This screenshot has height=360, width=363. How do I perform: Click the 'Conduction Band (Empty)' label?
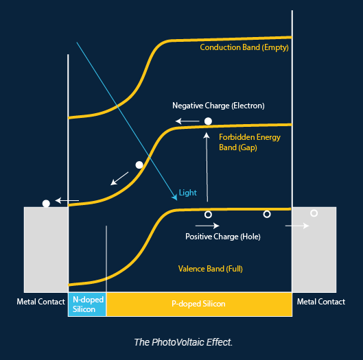pos(244,47)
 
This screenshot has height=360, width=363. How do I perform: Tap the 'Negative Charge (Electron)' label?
pos(218,106)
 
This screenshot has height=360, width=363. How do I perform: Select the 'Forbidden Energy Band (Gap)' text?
pos(250,143)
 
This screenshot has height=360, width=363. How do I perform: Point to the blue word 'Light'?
pos(188,193)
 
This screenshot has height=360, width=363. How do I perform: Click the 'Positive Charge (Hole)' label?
pos(223,237)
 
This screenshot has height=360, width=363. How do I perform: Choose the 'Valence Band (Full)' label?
pos(211,269)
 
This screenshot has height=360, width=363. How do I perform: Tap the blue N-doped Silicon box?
pos(87,304)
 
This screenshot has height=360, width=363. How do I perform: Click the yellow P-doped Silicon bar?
pos(199,304)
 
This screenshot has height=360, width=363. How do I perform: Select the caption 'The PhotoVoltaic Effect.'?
pos(183,342)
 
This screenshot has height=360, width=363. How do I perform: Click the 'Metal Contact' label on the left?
pos(40,302)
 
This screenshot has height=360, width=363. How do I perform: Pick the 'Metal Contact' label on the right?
pos(321,302)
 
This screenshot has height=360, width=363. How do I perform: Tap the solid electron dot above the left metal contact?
pos(46,204)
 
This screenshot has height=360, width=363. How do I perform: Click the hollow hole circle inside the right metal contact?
pos(314,213)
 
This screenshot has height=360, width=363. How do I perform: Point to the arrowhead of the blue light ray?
pos(176,198)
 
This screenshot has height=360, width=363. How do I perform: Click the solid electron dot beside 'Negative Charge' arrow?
pos(208,121)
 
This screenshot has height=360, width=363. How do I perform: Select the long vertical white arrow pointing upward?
pos(207,167)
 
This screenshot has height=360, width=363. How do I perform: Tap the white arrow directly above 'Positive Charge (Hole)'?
pos(207,226)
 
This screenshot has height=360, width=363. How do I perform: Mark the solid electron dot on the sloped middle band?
pos(139,165)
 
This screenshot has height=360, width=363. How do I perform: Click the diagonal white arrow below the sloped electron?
pos(119,178)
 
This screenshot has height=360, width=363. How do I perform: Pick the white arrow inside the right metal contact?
pos(297,226)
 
